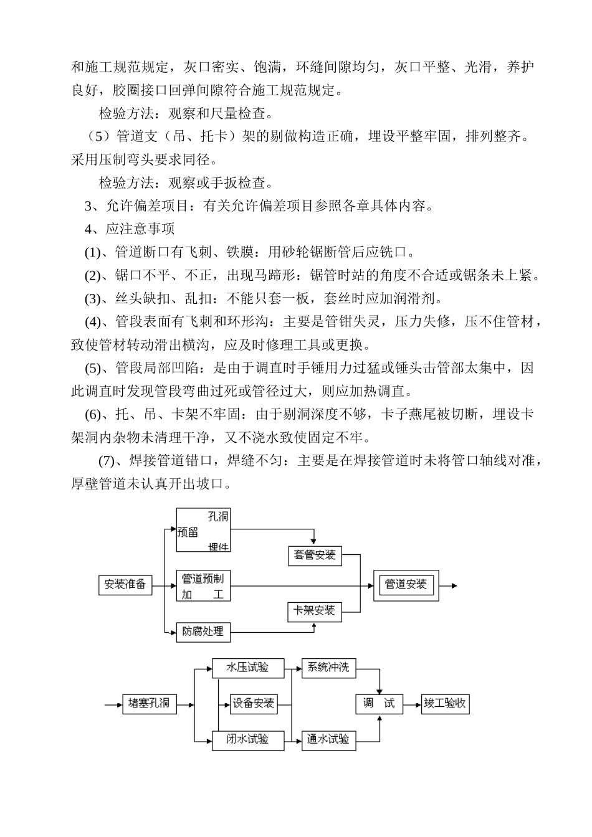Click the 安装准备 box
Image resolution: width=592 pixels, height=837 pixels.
[x=125, y=585]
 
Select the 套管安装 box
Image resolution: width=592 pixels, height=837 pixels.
[x=315, y=556]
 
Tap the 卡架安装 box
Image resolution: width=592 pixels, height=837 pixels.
[x=315, y=612]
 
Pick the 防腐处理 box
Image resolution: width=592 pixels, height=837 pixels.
[x=203, y=632]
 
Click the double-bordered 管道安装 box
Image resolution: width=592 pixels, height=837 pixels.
[x=406, y=585]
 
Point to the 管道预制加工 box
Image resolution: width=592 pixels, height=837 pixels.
[x=203, y=585]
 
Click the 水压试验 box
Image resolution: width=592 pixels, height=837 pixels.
[x=248, y=668]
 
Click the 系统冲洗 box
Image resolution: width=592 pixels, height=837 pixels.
[x=329, y=668]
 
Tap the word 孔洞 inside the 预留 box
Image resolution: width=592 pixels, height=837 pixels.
[x=218, y=517]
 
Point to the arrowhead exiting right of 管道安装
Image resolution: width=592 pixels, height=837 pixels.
[x=454, y=585]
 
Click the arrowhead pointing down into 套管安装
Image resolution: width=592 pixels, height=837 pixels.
[x=313, y=541]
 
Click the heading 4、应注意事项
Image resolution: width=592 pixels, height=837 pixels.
[x=130, y=229]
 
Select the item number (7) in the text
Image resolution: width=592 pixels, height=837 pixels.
[x=107, y=461]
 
